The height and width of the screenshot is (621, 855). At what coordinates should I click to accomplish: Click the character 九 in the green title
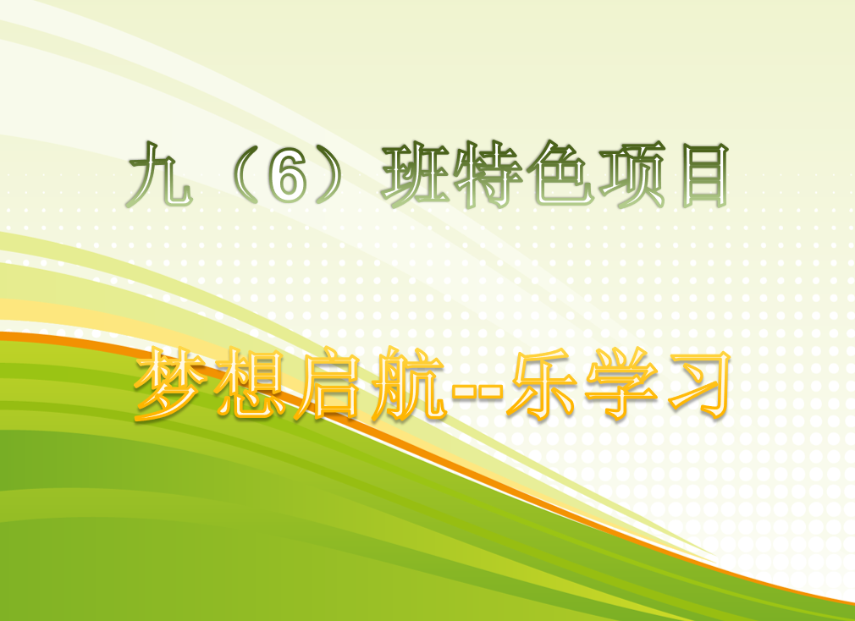(x=160, y=174)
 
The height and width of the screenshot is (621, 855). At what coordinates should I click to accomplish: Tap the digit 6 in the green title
(x=286, y=175)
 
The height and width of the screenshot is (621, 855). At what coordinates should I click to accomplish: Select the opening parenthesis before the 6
(x=244, y=175)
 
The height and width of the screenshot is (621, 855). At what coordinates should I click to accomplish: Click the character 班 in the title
(x=416, y=174)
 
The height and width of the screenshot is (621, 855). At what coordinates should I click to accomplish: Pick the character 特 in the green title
(x=487, y=174)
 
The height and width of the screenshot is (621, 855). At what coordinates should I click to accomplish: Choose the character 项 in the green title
(x=632, y=174)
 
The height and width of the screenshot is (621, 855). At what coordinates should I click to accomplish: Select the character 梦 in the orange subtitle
(x=171, y=385)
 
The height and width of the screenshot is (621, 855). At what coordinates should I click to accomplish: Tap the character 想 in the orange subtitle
(x=249, y=385)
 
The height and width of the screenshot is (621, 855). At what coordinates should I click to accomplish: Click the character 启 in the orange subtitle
(x=327, y=385)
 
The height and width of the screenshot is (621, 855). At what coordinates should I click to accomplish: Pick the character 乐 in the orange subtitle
(x=542, y=385)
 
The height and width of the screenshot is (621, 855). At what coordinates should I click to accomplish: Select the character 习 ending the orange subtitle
(x=699, y=385)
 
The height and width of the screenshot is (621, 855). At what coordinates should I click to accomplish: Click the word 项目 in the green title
(x=665, y=175)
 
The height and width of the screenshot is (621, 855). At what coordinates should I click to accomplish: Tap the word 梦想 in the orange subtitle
(x=210, y=385)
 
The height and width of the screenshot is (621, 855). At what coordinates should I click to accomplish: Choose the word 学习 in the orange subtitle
(x=658, y=385)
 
